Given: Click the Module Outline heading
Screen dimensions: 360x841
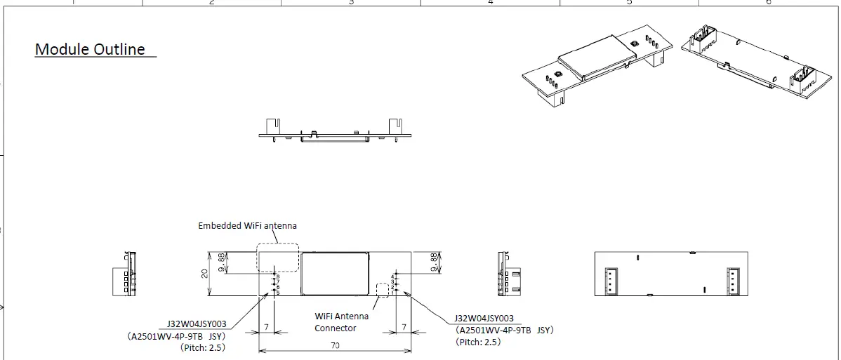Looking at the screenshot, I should tap(90, 49).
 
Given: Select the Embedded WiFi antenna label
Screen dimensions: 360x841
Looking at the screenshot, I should tap(247, 225).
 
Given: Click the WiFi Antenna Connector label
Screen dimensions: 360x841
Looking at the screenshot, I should tap(341, 322).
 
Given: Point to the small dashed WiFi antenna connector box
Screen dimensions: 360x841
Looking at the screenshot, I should tap(383, 289).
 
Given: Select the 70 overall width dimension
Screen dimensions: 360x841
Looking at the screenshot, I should tap(336, 345).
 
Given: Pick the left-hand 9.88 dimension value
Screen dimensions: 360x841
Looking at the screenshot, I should tap(223, 262).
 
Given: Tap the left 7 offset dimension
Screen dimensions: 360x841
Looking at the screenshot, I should tap(267, 327).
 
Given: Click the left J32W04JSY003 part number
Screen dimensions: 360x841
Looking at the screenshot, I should tap(197, 324).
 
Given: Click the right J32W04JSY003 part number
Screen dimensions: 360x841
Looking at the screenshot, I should tap(484, 318).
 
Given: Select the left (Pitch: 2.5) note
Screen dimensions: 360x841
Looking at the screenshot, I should tap(202, 347).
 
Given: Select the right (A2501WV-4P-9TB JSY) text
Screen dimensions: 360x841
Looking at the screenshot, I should tap(504, 330).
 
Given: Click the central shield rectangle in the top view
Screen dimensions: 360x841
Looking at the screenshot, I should tap(335, 273).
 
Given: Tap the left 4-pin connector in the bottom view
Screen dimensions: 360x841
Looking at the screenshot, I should tap(609, 281).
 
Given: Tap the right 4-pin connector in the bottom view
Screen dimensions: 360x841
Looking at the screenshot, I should tap(733, 281).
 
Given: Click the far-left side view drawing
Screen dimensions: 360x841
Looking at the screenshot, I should tap(125, 274).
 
